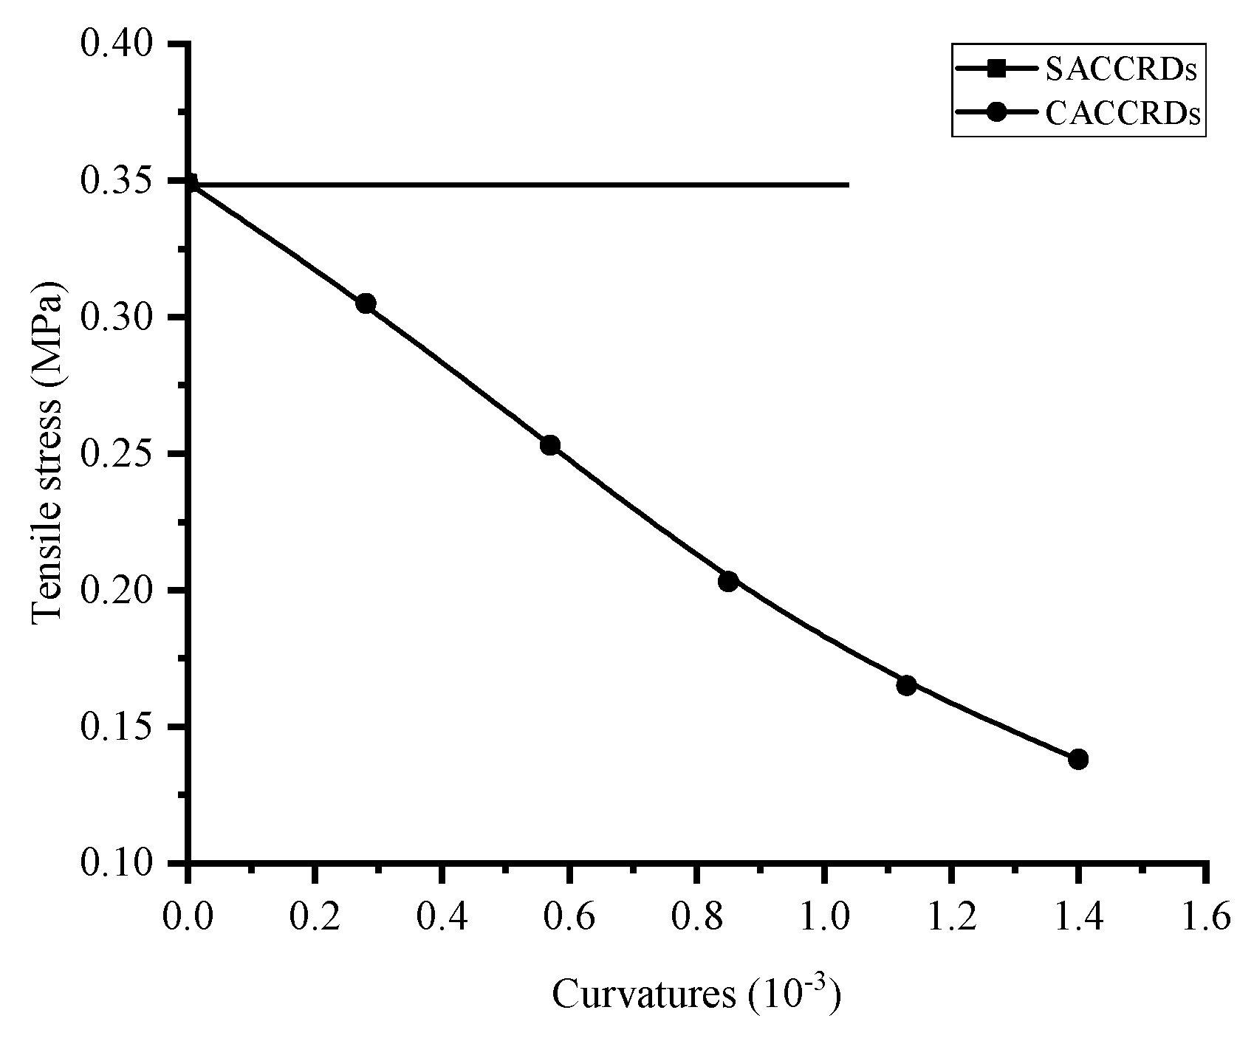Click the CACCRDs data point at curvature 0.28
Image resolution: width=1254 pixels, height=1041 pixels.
[366, 303]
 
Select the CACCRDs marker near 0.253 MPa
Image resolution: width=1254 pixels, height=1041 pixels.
[549, 445]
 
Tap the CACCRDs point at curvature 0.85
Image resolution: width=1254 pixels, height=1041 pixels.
[728, 581]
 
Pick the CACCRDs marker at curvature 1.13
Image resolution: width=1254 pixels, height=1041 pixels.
[906, 685]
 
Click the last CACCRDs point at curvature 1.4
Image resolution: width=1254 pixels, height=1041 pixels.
[1078, 759]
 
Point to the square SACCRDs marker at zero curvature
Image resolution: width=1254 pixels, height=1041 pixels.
[189, 182]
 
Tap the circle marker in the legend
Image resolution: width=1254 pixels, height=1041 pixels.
[996, 113]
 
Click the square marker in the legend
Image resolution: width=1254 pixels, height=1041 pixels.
[996, 69]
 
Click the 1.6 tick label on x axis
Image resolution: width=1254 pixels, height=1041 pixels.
[1205, 918]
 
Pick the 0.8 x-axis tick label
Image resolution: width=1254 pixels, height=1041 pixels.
[696, 918]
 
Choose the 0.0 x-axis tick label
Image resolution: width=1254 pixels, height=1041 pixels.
[188, 918]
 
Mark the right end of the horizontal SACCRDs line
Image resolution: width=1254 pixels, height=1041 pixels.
[848, 184]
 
